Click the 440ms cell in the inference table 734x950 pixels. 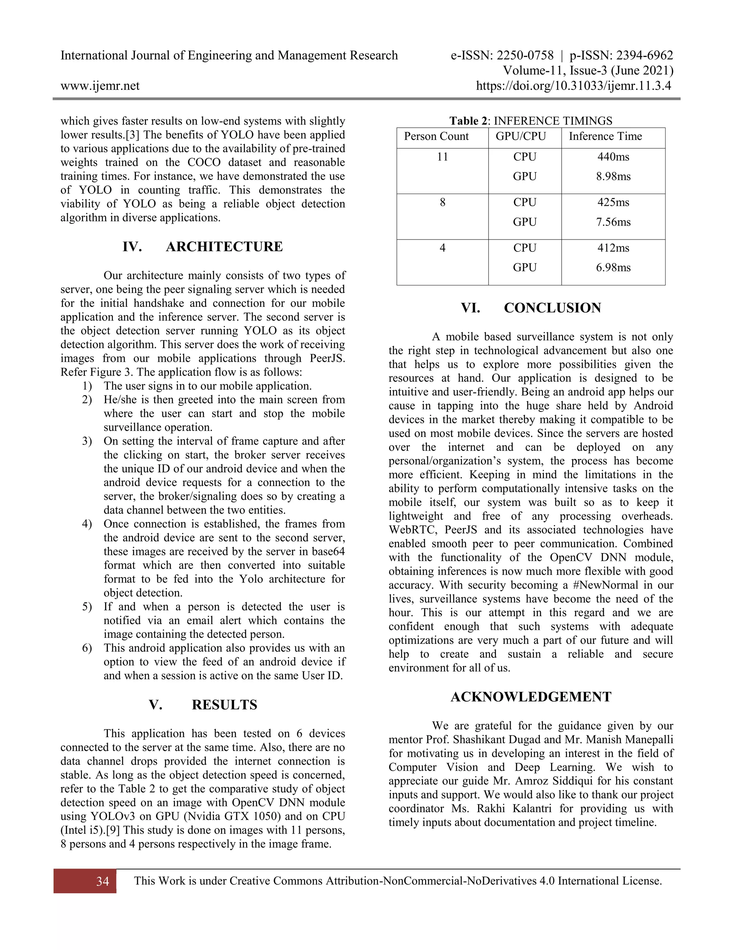point(613,157)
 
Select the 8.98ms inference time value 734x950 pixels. point(613,177)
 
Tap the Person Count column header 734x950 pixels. point(436,137)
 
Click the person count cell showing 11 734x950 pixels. point(442,157)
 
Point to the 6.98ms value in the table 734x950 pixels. point(613,267)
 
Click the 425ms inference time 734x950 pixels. point(613,202)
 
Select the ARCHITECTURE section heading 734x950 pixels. point(224,247)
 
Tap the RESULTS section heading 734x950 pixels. point(224,705)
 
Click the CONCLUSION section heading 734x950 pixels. point(552,308)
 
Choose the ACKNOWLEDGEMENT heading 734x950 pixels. point(531,697)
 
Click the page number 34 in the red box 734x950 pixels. point(103,881)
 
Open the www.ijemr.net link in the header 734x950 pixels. point(100,86)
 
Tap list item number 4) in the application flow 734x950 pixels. point(87,524)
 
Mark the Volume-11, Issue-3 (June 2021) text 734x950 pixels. point(588,71)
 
